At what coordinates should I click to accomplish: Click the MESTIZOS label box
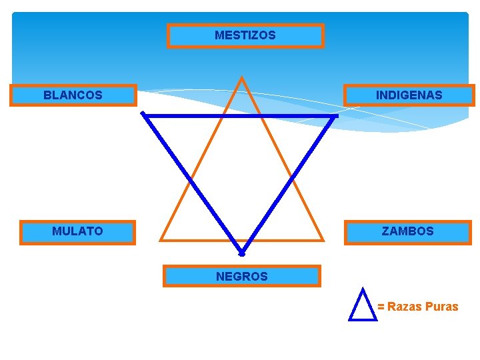pyautogui.click(x=245, y=35)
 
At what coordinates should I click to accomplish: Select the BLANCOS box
pyautogui.click(x=73, y=95)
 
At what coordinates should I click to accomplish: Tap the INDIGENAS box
pyautogui.click(x=409, y=95)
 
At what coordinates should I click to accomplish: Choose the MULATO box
pyautogui.click(x=77, y=232)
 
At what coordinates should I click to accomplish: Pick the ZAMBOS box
pyautogui.click(x=407, y=232)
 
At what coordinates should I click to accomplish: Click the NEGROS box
pyautogui.click(x=241, y=276)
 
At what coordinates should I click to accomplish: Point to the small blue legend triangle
pyautogui.click(x=363, y=306)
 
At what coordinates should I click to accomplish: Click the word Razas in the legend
pyautogui.click(x=404, y=307)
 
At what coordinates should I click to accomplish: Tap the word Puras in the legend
pyautogui.click(x=441, y=307)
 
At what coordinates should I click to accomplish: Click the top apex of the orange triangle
pyautogui.click(x=241, y=78)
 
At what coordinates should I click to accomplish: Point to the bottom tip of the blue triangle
pyautogui.click(x=242, y=254)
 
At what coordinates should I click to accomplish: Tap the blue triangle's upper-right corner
pyautogui.click(x=336, y=116)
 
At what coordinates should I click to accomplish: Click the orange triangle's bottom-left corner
pyautogui.click(x=161, y=239)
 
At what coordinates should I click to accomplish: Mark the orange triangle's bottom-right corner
pyautogui.click(x=323, y=239)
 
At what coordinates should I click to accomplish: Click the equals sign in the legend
pyautogui.click(x=381, y=307)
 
